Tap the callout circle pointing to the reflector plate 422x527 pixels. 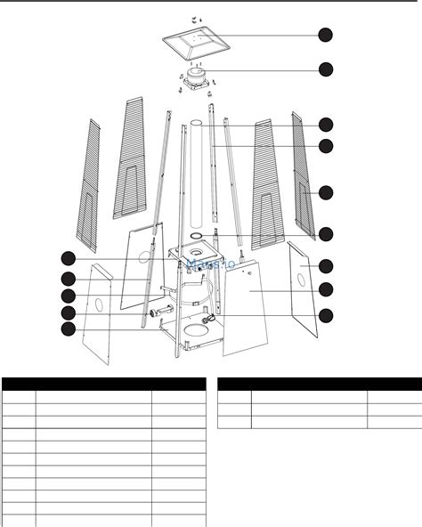point(326,35)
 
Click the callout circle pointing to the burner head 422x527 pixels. point(326,69)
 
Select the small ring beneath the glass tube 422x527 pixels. point(196,236)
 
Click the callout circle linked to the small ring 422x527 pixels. point(326,234)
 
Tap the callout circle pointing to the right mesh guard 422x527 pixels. point(326,192)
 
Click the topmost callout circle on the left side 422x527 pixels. point(69,259)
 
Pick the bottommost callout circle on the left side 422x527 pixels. point(69,329)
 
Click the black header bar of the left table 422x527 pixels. point(103,385)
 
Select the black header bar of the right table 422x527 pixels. point(320,385)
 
